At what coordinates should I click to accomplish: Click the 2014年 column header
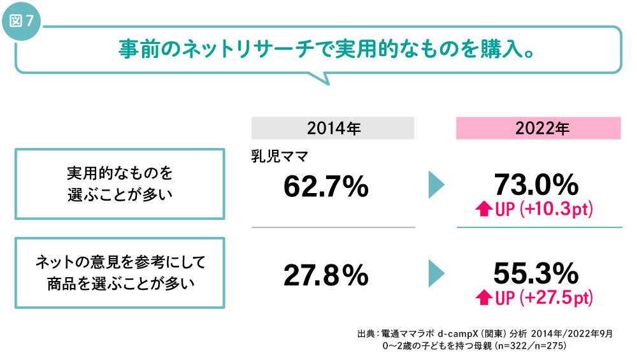click(333, 128)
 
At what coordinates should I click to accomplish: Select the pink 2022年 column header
click(538, 128)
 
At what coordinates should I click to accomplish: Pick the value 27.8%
click(326, 275)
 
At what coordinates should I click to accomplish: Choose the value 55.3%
click(536, 273)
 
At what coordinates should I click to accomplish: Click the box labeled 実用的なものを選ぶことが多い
click(120, 184)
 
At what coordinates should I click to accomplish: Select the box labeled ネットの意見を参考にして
click(120, 272)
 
